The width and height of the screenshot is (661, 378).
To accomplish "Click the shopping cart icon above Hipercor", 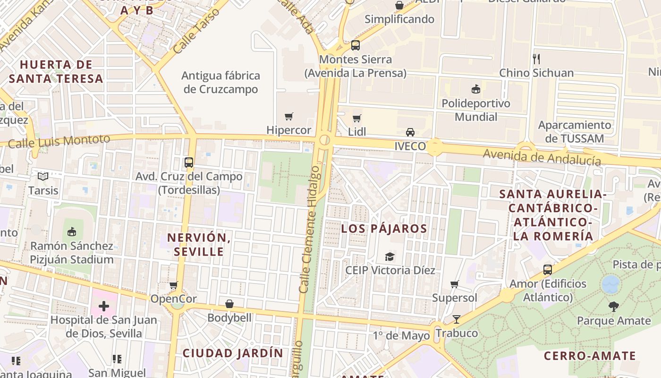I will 288,116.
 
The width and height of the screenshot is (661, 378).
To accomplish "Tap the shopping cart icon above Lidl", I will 357,118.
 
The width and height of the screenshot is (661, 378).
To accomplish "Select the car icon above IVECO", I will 410,132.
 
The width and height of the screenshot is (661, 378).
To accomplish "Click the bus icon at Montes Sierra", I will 356,45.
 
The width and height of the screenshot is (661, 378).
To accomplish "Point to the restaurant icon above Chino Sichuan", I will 536,59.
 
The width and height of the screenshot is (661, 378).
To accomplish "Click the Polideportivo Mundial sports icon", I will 476,89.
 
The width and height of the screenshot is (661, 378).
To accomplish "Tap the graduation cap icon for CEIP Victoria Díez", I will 390,257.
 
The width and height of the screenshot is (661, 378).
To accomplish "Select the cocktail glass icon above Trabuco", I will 457,319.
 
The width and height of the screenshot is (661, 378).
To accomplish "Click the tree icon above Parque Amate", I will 613,307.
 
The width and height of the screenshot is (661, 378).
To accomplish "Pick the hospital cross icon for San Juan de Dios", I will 104,306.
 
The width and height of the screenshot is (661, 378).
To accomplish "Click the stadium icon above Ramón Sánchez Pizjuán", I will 72,232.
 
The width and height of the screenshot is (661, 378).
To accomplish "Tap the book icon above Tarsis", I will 43,177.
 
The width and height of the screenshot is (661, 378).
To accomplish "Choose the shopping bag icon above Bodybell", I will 229,303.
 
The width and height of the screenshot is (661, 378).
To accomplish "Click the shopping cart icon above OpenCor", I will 173,285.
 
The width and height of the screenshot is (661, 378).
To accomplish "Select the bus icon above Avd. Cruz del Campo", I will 189,163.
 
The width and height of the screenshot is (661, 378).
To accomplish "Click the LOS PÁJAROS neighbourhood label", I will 384,229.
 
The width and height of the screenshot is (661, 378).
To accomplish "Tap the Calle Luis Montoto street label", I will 59,141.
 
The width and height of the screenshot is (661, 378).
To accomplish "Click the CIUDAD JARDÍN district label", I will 233,353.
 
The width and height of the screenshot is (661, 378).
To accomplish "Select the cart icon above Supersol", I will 454,284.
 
